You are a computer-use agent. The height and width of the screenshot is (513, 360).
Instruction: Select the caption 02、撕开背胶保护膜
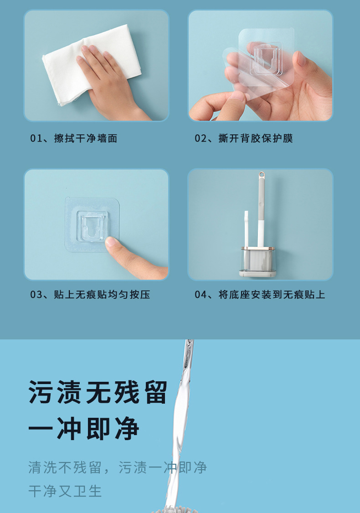point(244,139)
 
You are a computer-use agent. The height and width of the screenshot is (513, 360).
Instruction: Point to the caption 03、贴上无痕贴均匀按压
point(90,294)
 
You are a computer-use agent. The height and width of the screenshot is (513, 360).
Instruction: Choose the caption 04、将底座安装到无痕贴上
point(260,294)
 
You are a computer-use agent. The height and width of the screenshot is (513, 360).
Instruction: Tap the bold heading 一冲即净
point(84,429)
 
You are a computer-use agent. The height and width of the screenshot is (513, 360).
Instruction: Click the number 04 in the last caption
point(201,294)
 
